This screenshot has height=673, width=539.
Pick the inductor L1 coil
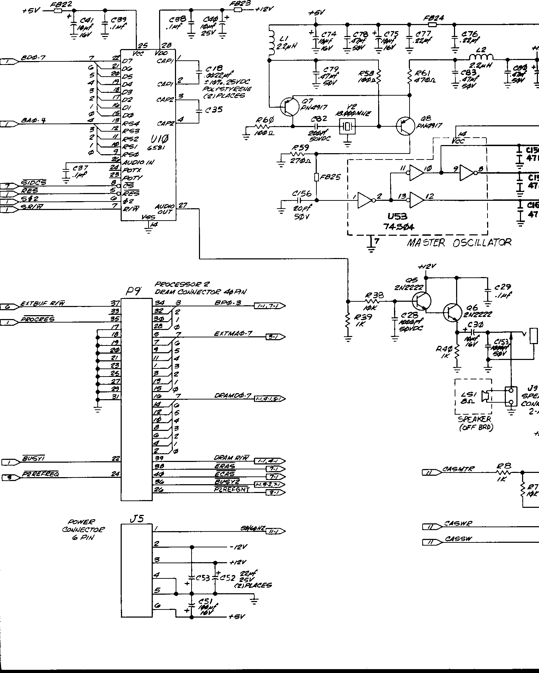pos(271,42)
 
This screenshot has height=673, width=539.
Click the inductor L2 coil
pos(481,58)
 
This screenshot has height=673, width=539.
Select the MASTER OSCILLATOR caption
pos(459,243)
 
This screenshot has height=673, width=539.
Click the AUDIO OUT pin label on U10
pos(164,209)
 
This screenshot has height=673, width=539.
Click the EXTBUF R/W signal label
pos(43,304)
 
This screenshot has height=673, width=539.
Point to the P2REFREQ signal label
pos(40,474)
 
